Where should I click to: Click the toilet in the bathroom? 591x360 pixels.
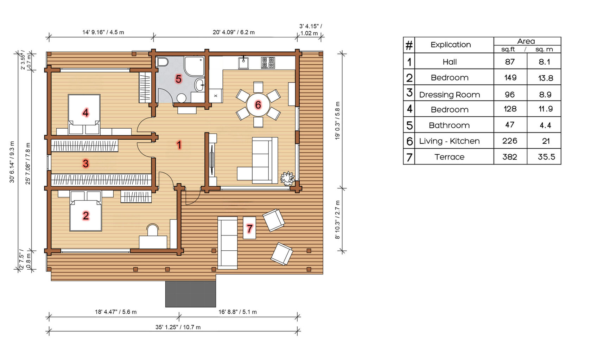162,62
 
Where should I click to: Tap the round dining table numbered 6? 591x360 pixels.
258,105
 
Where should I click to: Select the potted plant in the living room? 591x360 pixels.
288,178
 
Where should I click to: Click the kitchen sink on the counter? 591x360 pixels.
243,63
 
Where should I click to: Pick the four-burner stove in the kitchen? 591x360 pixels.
268,63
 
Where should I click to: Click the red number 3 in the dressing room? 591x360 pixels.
85,163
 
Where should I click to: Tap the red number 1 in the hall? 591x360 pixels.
179,145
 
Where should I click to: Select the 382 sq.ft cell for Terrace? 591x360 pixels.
510,157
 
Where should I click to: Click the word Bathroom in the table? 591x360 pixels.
449,125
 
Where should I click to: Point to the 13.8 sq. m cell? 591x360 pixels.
545,78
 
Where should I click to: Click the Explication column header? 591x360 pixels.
451,45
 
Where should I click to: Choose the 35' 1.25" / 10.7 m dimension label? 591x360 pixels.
178,327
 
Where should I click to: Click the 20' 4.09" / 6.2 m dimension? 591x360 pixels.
234,32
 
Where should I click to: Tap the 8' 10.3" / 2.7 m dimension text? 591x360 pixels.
337,220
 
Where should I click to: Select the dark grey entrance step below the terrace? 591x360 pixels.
191,294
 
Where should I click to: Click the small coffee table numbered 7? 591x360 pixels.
249,228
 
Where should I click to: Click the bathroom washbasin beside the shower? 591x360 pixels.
199,85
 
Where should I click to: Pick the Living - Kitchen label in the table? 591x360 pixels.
449,141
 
